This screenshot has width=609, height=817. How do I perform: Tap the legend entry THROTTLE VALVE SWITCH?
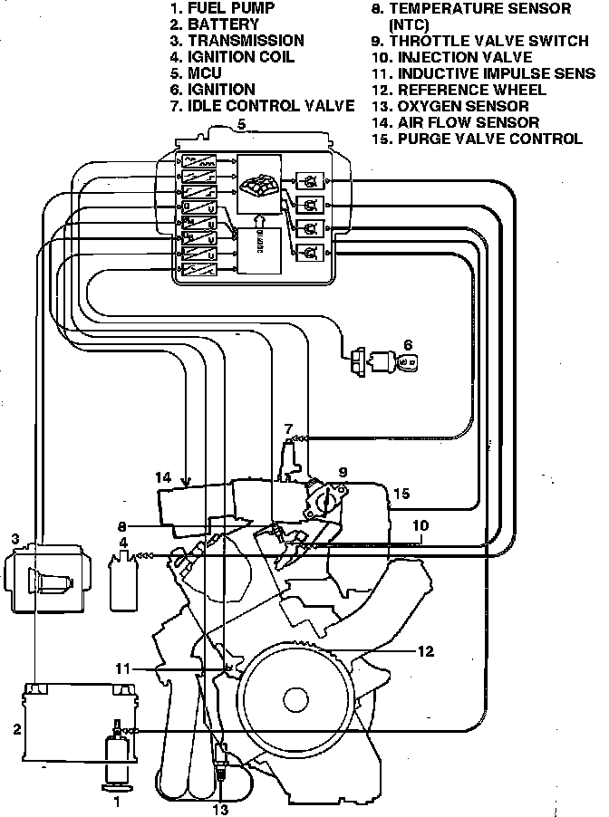coord(479,41)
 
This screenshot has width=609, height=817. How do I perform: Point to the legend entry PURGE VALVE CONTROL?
coord(478,139)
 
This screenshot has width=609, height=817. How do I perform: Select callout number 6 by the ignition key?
coord(408,345)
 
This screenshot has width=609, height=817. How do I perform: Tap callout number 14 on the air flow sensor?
coord(162,476)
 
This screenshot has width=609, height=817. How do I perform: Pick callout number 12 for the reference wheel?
coord(427,650)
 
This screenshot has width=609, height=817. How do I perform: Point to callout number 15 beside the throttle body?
coord(402,494)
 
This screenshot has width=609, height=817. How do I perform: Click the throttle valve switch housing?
coord(327,497)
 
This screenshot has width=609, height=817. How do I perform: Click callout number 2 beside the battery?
coord(15,727)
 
